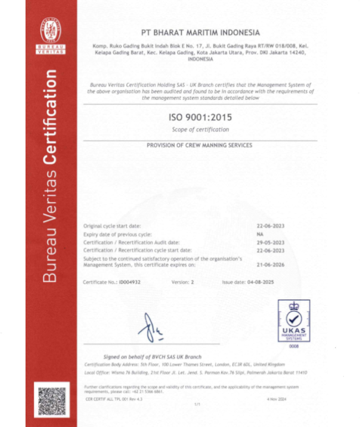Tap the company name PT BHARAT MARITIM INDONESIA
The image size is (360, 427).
coord(201,33)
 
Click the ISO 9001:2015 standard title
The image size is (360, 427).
coord(201,117)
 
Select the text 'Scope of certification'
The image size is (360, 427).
coord(201,129)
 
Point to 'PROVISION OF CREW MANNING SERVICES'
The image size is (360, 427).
coord(199,145)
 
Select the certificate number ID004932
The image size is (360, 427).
coord(131,282)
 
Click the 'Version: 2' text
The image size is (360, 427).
coord(183,282)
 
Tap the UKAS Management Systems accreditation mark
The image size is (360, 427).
coord(294,321)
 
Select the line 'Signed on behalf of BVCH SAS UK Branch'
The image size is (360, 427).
coord(152,356)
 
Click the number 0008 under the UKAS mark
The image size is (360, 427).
coord(294,346)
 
